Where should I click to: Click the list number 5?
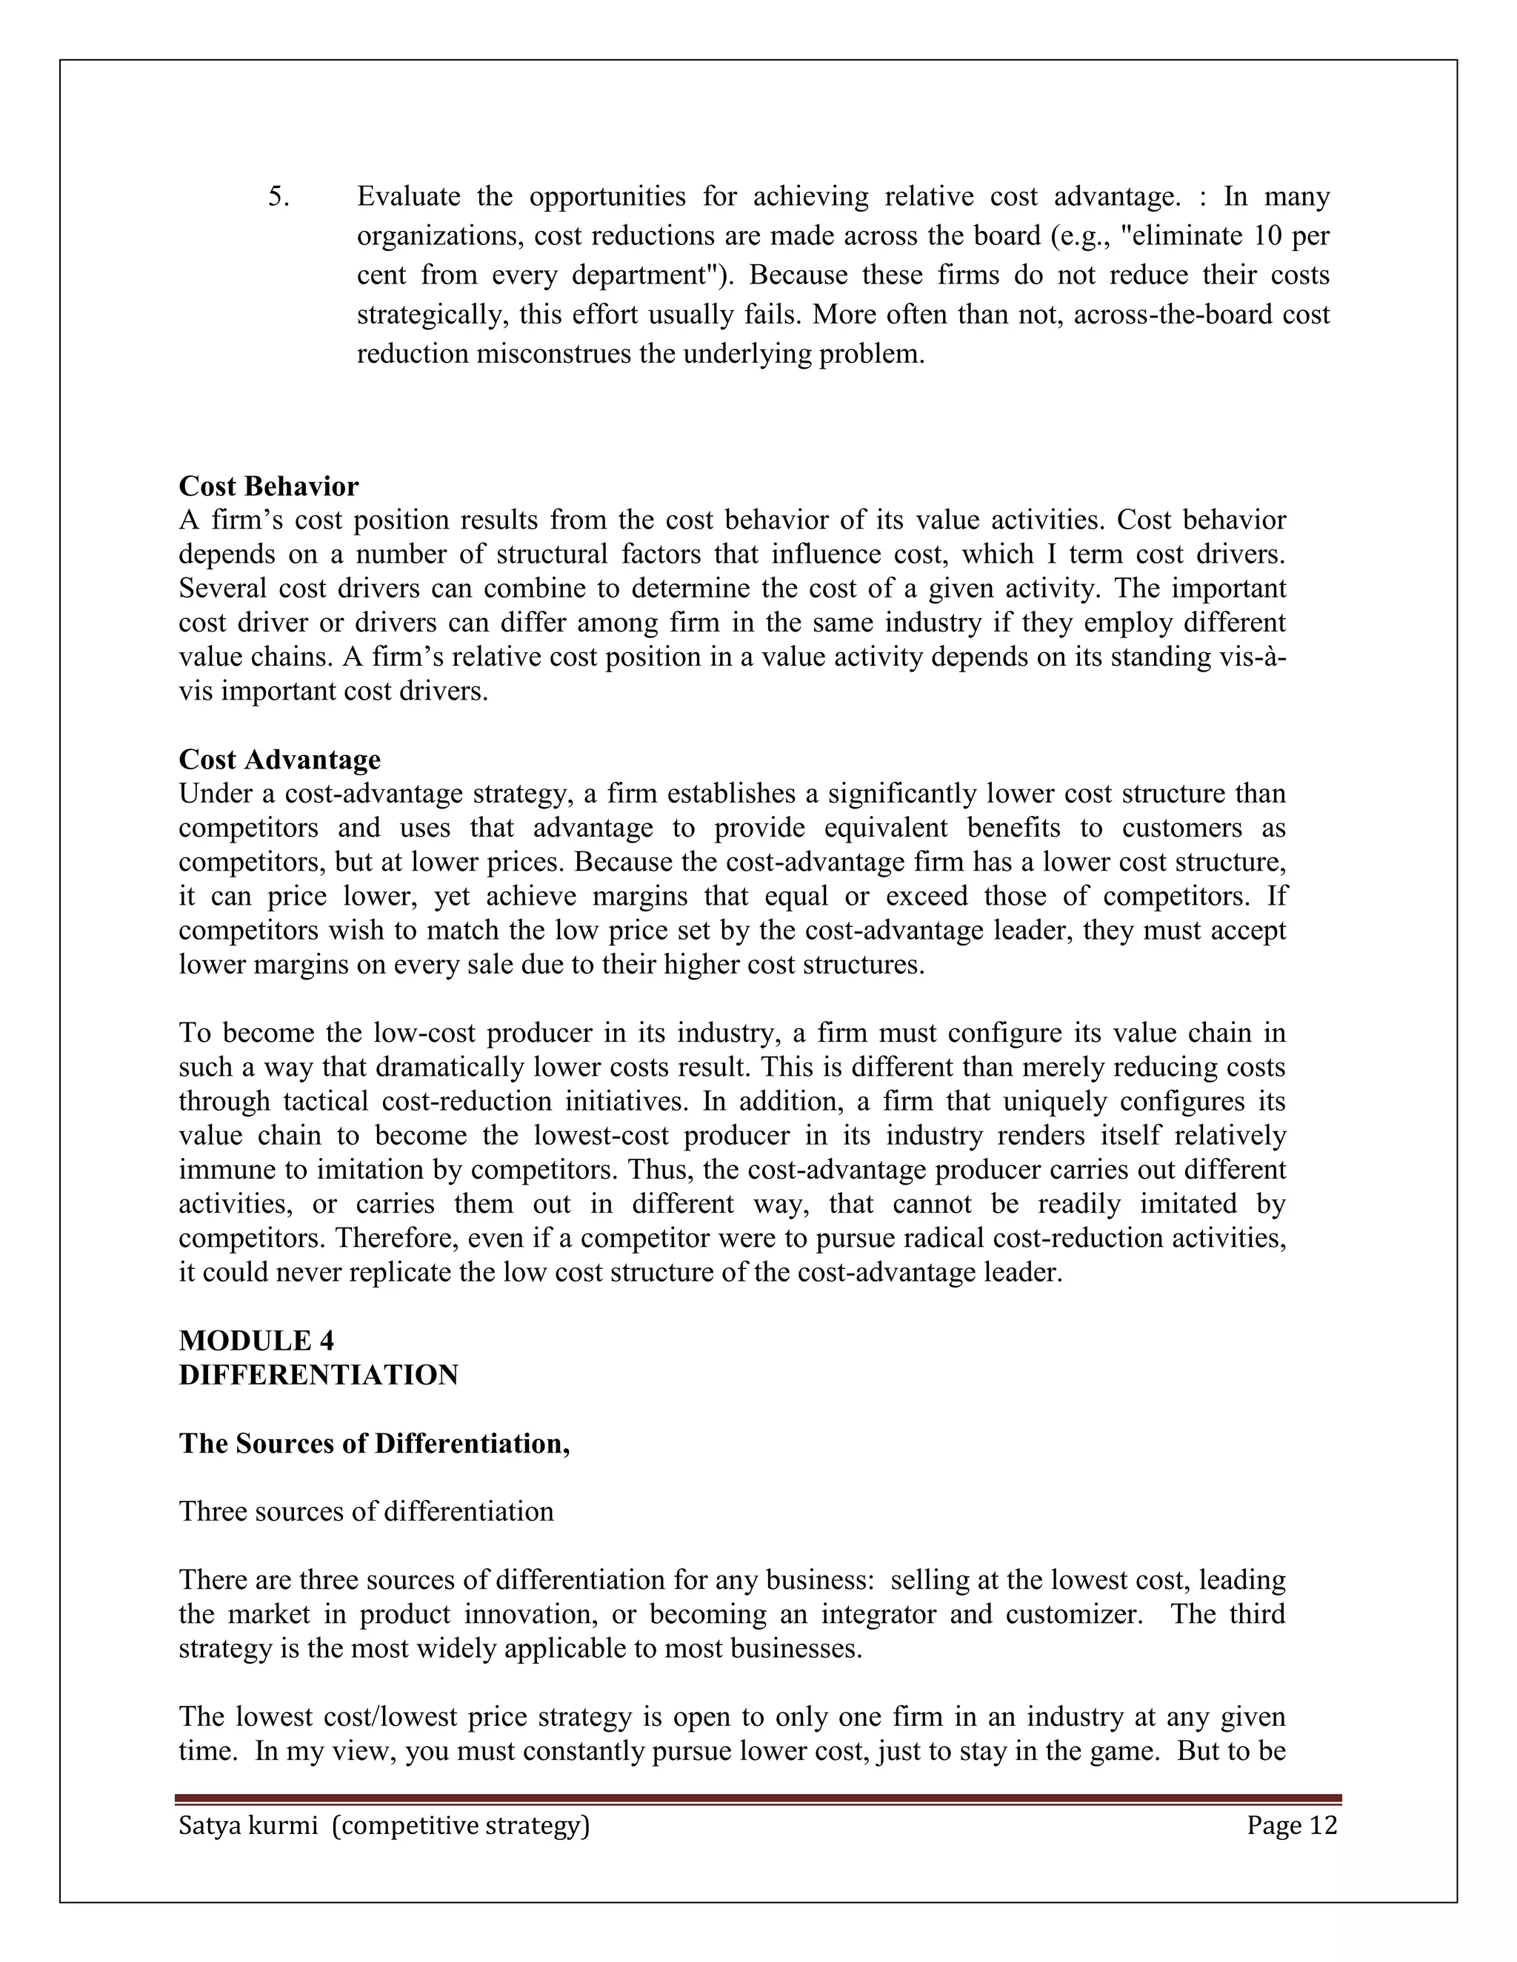pyautogui.click(x=279, y=197)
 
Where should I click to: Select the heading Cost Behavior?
pyautogui.click(x=269, y=486)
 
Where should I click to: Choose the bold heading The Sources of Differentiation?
pyautogui.click(x=374, y=1443)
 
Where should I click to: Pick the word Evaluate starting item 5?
pyautogui.click(x=409, y=197)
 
